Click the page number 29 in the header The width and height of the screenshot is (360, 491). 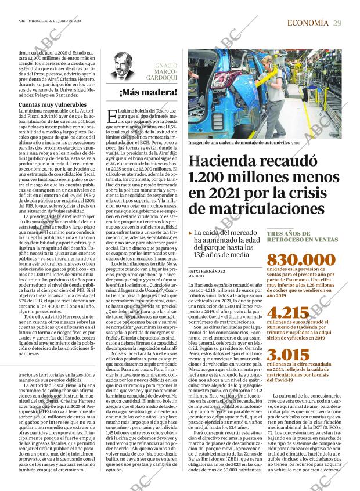pyautogui.click(x=337, y=23)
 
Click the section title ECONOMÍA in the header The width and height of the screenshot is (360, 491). pyautogui.click(x=308, y=23)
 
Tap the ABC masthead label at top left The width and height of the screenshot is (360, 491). pyautogui.click(x=21, y=23)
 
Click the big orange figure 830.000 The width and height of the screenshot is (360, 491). pyautogui.click(x=297, y=261)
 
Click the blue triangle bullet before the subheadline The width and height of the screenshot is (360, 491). pyautogui.click(x=190, y=233)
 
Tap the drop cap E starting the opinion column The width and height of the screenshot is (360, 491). pyautogui.click(x=113, y=117)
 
